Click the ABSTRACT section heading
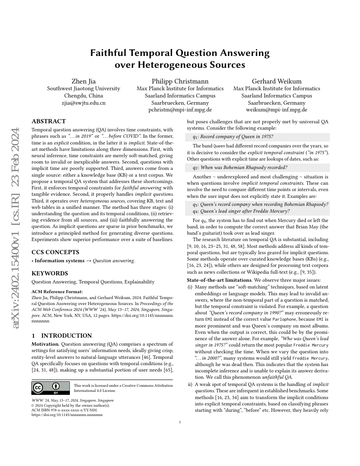click(49, 121)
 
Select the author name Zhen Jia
click(83, 81)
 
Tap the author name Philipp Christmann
click(180, 81)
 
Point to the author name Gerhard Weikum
click(277, 81)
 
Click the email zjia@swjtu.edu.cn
click(83, 103)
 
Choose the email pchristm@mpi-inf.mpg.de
click(180, 109)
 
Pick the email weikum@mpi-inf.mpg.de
click(277, 109)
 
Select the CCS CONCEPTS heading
click(56, 252)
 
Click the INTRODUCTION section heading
click(62, 336)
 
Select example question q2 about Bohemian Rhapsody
click(240, 167)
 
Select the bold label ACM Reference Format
click(53, 291)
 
